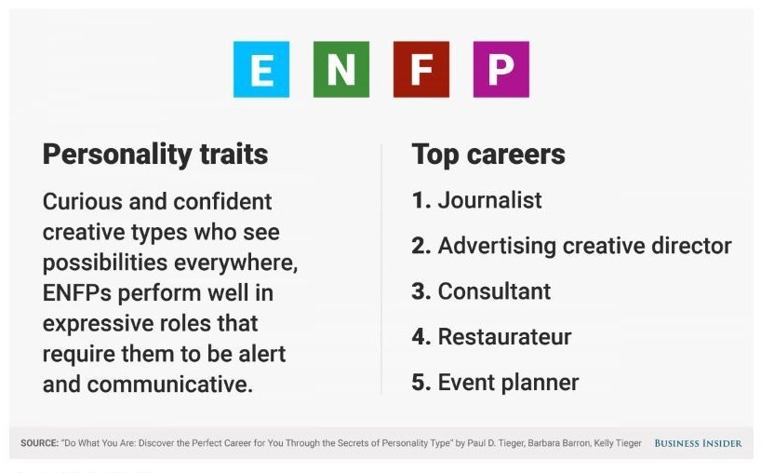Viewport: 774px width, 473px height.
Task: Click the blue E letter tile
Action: tap(261, 69)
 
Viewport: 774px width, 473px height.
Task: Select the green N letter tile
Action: tap(341, 69)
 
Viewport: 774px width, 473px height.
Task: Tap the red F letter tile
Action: tap(421, 69)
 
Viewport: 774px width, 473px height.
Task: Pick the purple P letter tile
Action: tap(501, 69)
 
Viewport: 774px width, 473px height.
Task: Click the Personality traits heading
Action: tap(155, 155)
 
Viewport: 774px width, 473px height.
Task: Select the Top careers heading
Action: tap(488, 155)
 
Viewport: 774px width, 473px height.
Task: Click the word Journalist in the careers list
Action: tap(489, 200)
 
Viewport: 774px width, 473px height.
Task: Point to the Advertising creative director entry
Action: tap(584, 246)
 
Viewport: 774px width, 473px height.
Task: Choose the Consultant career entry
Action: tap(494, 291)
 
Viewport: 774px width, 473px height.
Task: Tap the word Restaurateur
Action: tap(504, 337)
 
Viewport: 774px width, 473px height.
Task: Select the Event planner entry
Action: tap(509, 383)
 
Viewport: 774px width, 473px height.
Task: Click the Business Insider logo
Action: tap(698, 443)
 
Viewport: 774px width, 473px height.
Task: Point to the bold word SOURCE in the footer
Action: tap(39, 443)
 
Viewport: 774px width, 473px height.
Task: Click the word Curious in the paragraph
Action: tap(83, 202)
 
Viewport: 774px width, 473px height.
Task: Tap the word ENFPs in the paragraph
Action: tap(77, 293)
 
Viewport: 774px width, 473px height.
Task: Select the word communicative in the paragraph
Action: tap(170, 385)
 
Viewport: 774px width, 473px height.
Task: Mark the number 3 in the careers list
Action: tap(421, 291)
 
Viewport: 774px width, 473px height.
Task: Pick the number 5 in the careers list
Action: tap(421, 383)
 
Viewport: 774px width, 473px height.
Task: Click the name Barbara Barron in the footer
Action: tap(559, 443)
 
